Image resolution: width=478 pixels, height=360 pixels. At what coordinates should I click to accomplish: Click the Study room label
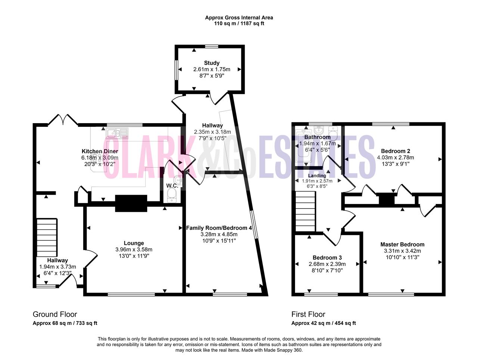coord(211,63)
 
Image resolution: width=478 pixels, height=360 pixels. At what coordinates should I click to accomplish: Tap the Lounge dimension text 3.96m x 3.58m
coord(134,250)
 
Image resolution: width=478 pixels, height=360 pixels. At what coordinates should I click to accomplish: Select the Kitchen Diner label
coord(100,151)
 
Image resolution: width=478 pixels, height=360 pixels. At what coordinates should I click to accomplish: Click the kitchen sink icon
coord(117,134)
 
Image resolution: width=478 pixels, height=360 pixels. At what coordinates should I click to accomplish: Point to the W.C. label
coord(172,186)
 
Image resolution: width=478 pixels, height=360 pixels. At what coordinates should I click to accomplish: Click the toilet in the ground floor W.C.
coord(172,195)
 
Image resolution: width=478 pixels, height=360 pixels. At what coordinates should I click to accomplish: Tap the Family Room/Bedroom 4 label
coord(219,228)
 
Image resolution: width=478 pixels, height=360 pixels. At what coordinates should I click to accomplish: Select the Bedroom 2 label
coord(395,151)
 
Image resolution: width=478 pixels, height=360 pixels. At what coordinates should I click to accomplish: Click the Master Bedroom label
coord(402,244)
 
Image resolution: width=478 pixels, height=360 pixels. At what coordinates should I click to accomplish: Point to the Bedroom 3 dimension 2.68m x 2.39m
coord(327,264)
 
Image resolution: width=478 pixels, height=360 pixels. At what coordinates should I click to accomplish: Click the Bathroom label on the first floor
coord(317,137)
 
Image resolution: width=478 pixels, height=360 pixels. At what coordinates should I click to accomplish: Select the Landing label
coord(317,175)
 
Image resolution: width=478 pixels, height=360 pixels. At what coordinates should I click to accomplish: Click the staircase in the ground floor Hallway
coord(47,238)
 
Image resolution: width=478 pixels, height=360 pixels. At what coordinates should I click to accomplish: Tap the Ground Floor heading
coord(55,314)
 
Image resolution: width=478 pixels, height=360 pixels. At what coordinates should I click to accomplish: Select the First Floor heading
coord(308,314)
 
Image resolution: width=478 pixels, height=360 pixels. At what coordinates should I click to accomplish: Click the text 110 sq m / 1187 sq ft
coord(239,24)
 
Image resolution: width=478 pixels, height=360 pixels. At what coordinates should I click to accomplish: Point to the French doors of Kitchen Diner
coord(63,120)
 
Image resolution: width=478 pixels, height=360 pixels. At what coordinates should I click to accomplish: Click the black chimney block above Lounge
coord(131,203)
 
